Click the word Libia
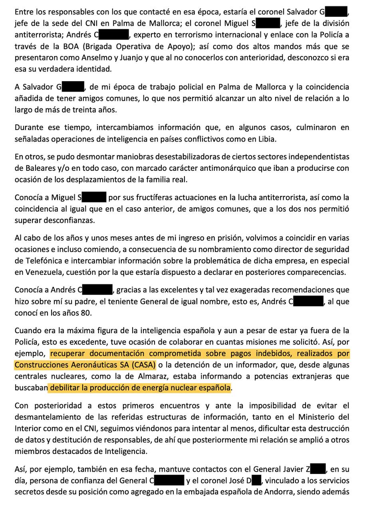coord(267,139)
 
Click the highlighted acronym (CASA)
coord(144,365)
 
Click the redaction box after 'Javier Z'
coord(318,469)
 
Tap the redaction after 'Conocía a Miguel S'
coord(94,197)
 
